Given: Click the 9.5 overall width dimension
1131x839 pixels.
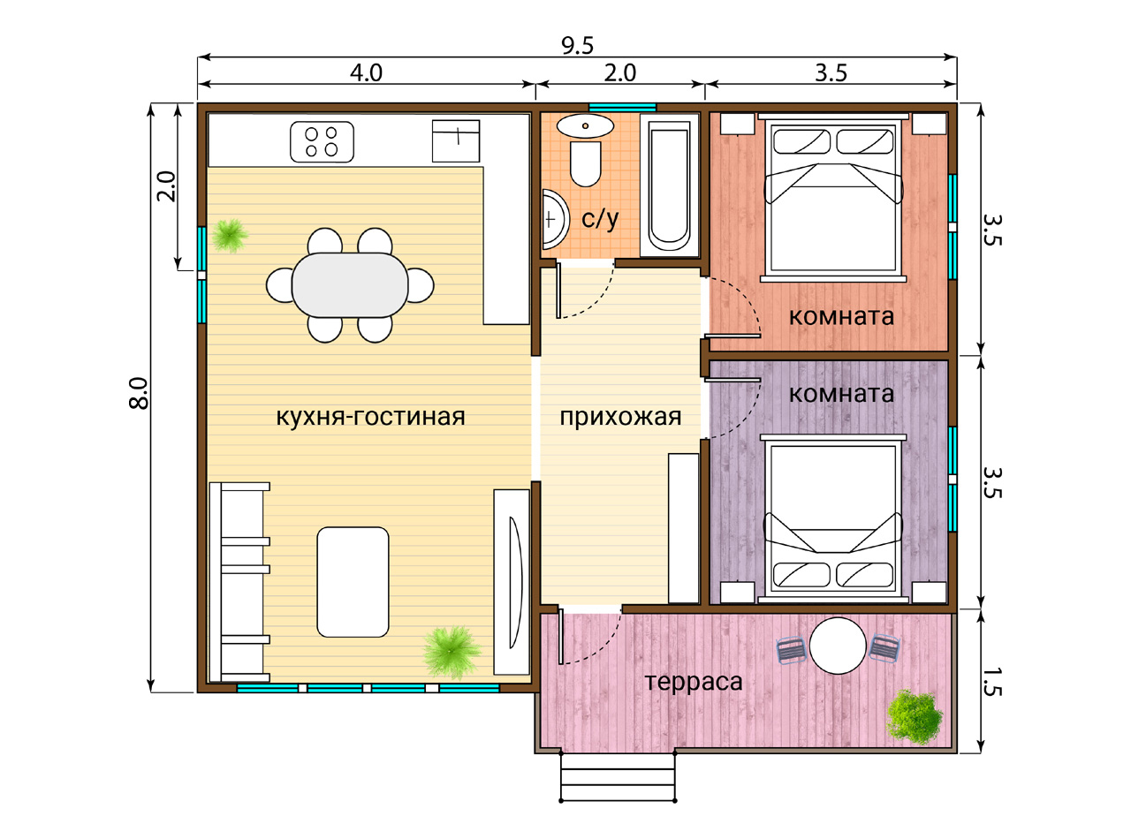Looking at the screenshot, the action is (x=577, y=46).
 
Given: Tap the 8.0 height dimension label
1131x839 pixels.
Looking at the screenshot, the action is (x=139, y=393).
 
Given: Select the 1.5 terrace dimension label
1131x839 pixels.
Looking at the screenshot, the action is (x=992, y=683).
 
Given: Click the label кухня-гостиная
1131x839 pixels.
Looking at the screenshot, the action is (x=371, y=417).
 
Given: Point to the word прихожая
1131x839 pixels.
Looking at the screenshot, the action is (x=620, y=418).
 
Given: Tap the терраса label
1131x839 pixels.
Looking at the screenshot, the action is (x=694, y=682).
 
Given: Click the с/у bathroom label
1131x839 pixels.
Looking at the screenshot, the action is (x=600, y=219).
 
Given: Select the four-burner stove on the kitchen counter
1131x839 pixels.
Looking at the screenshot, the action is (x=322, y=141).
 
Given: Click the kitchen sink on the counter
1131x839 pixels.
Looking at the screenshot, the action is (x=456, y=141).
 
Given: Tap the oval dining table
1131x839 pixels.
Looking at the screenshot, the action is (x=350, y=285).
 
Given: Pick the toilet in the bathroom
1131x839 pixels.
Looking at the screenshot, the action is (x=586, y=164).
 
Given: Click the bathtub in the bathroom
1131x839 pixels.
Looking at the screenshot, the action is (x=669, y=185).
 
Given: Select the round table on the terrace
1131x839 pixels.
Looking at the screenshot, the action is (x=838, y=646).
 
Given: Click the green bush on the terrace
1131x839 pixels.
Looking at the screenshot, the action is (x=915, y=716).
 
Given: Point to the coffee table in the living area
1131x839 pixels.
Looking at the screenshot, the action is (x=353, y=582).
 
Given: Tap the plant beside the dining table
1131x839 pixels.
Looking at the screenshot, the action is (x=230, y=236).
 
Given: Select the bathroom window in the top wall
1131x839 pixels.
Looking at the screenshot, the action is (x=623, y=107).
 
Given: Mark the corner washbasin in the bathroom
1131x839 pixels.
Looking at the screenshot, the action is (x=554, y=219).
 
